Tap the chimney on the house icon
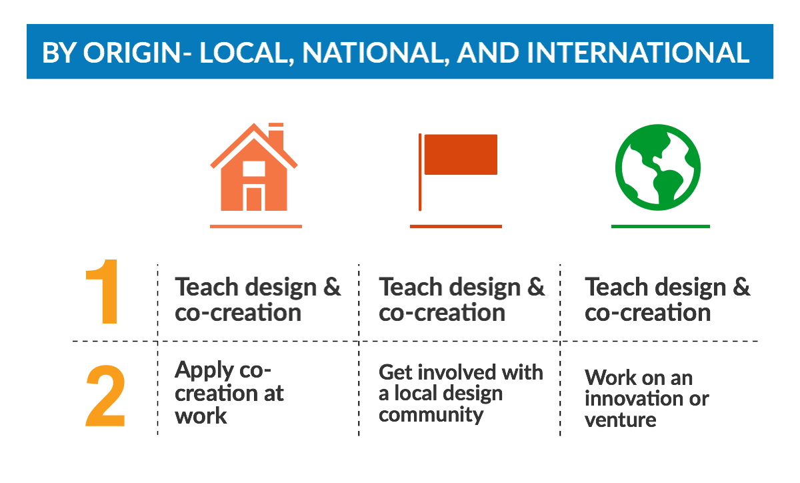click(276, 136)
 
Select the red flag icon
click(458, 172)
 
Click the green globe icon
click(658, 167)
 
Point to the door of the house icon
click(254, 199)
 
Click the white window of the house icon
click(254, 169)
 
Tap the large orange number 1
click(103, 292)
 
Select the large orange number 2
click(105, 396)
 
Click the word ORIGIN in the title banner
click(132, 53)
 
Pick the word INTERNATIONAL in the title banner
click(638, 53)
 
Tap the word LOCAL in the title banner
click(247, 53)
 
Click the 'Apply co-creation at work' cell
click(229, 392)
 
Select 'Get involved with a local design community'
click(461, 393)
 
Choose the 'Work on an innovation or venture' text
click(647, 398)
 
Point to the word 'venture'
click(621, 420)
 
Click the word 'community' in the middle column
click(431, 415)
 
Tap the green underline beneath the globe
click(661, 226)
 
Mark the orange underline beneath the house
click(256, 226)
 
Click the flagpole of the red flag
click(420, 172)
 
